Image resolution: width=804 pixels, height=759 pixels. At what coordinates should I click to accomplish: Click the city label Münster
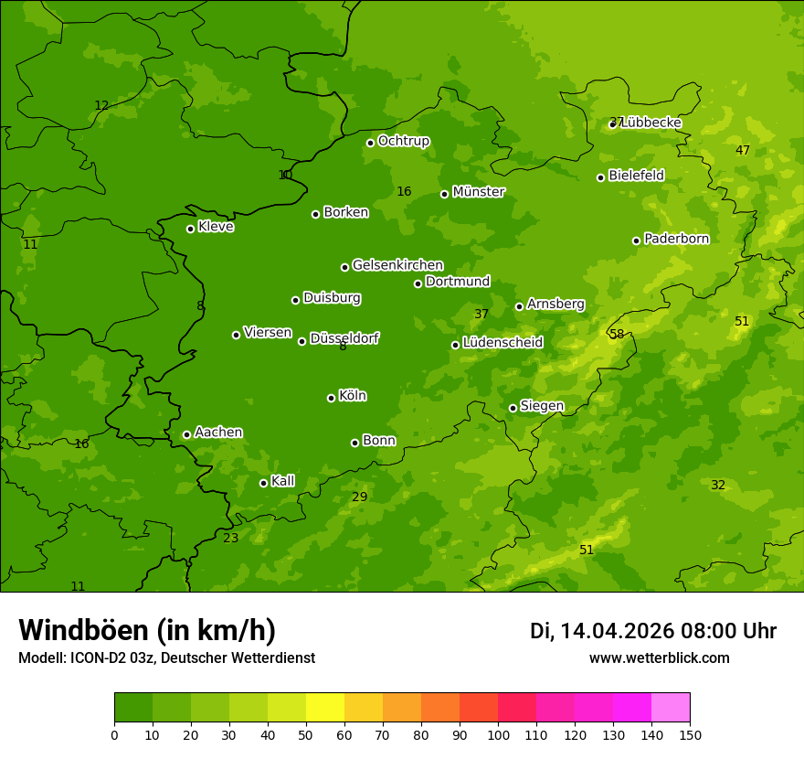478,192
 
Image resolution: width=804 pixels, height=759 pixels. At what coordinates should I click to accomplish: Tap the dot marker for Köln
331,398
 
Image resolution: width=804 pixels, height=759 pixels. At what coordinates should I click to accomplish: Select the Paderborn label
676,239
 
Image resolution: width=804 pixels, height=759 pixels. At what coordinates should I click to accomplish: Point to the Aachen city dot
186,434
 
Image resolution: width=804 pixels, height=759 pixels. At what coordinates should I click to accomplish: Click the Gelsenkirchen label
397,265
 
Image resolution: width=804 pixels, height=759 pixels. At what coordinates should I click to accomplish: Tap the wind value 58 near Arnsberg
617,335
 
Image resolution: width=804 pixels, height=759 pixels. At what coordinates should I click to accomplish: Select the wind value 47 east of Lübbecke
743,151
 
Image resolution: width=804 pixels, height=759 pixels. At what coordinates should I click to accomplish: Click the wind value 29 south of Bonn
360,497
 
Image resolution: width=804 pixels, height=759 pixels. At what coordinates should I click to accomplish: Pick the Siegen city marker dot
513,408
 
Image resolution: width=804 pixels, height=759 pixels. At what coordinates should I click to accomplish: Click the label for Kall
282,481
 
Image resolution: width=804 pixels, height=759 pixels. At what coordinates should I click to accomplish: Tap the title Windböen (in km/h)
147,630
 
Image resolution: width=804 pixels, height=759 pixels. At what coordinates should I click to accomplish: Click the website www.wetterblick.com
659,658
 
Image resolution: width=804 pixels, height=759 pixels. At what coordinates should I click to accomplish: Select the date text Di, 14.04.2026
602,631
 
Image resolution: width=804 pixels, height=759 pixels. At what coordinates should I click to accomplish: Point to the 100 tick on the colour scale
498,734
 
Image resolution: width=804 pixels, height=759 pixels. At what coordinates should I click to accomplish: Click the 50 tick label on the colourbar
306,734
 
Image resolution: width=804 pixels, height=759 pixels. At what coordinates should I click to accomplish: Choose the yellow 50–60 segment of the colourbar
325,708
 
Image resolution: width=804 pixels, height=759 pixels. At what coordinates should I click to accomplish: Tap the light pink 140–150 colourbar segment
671,708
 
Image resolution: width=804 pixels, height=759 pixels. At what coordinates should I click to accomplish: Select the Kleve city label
216,227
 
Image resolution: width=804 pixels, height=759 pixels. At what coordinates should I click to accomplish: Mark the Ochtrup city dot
370,143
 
